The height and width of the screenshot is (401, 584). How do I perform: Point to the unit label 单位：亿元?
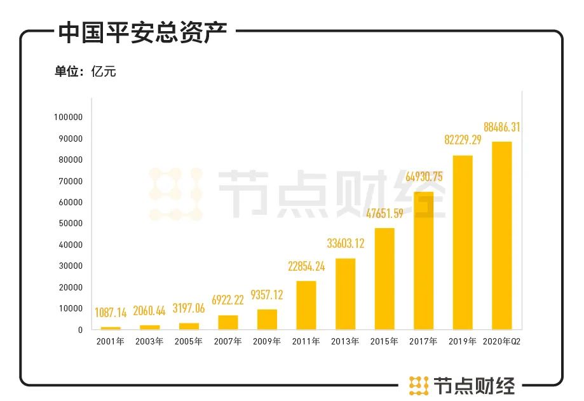click(86, 71)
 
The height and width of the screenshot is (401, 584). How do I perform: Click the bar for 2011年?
click(306, 305)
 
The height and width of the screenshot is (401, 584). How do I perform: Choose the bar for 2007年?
click(228, 322)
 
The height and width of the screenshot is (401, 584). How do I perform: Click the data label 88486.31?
click(501, 127)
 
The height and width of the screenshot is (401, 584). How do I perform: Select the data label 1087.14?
click(111, 312)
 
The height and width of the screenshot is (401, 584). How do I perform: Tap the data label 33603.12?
click(346, 243)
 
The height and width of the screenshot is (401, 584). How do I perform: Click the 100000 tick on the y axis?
click(69, 118)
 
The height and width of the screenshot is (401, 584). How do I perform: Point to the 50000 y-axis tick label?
click(71, 224)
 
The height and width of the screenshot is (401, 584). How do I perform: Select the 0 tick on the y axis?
click(80, 330)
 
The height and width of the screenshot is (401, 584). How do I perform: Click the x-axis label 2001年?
click(111, 342)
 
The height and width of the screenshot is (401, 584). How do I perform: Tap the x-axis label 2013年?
click(346, 342)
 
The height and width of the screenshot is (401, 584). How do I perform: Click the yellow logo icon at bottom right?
click(418, 384)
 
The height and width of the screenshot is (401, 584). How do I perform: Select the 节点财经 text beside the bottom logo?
click(475, 384)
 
